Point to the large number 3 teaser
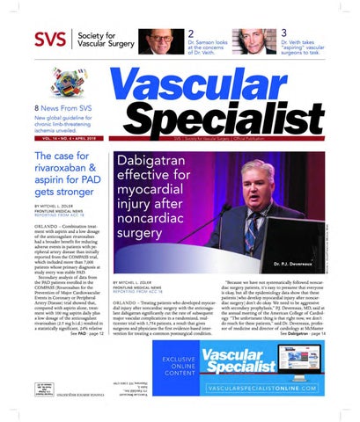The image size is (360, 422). (284, 33)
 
